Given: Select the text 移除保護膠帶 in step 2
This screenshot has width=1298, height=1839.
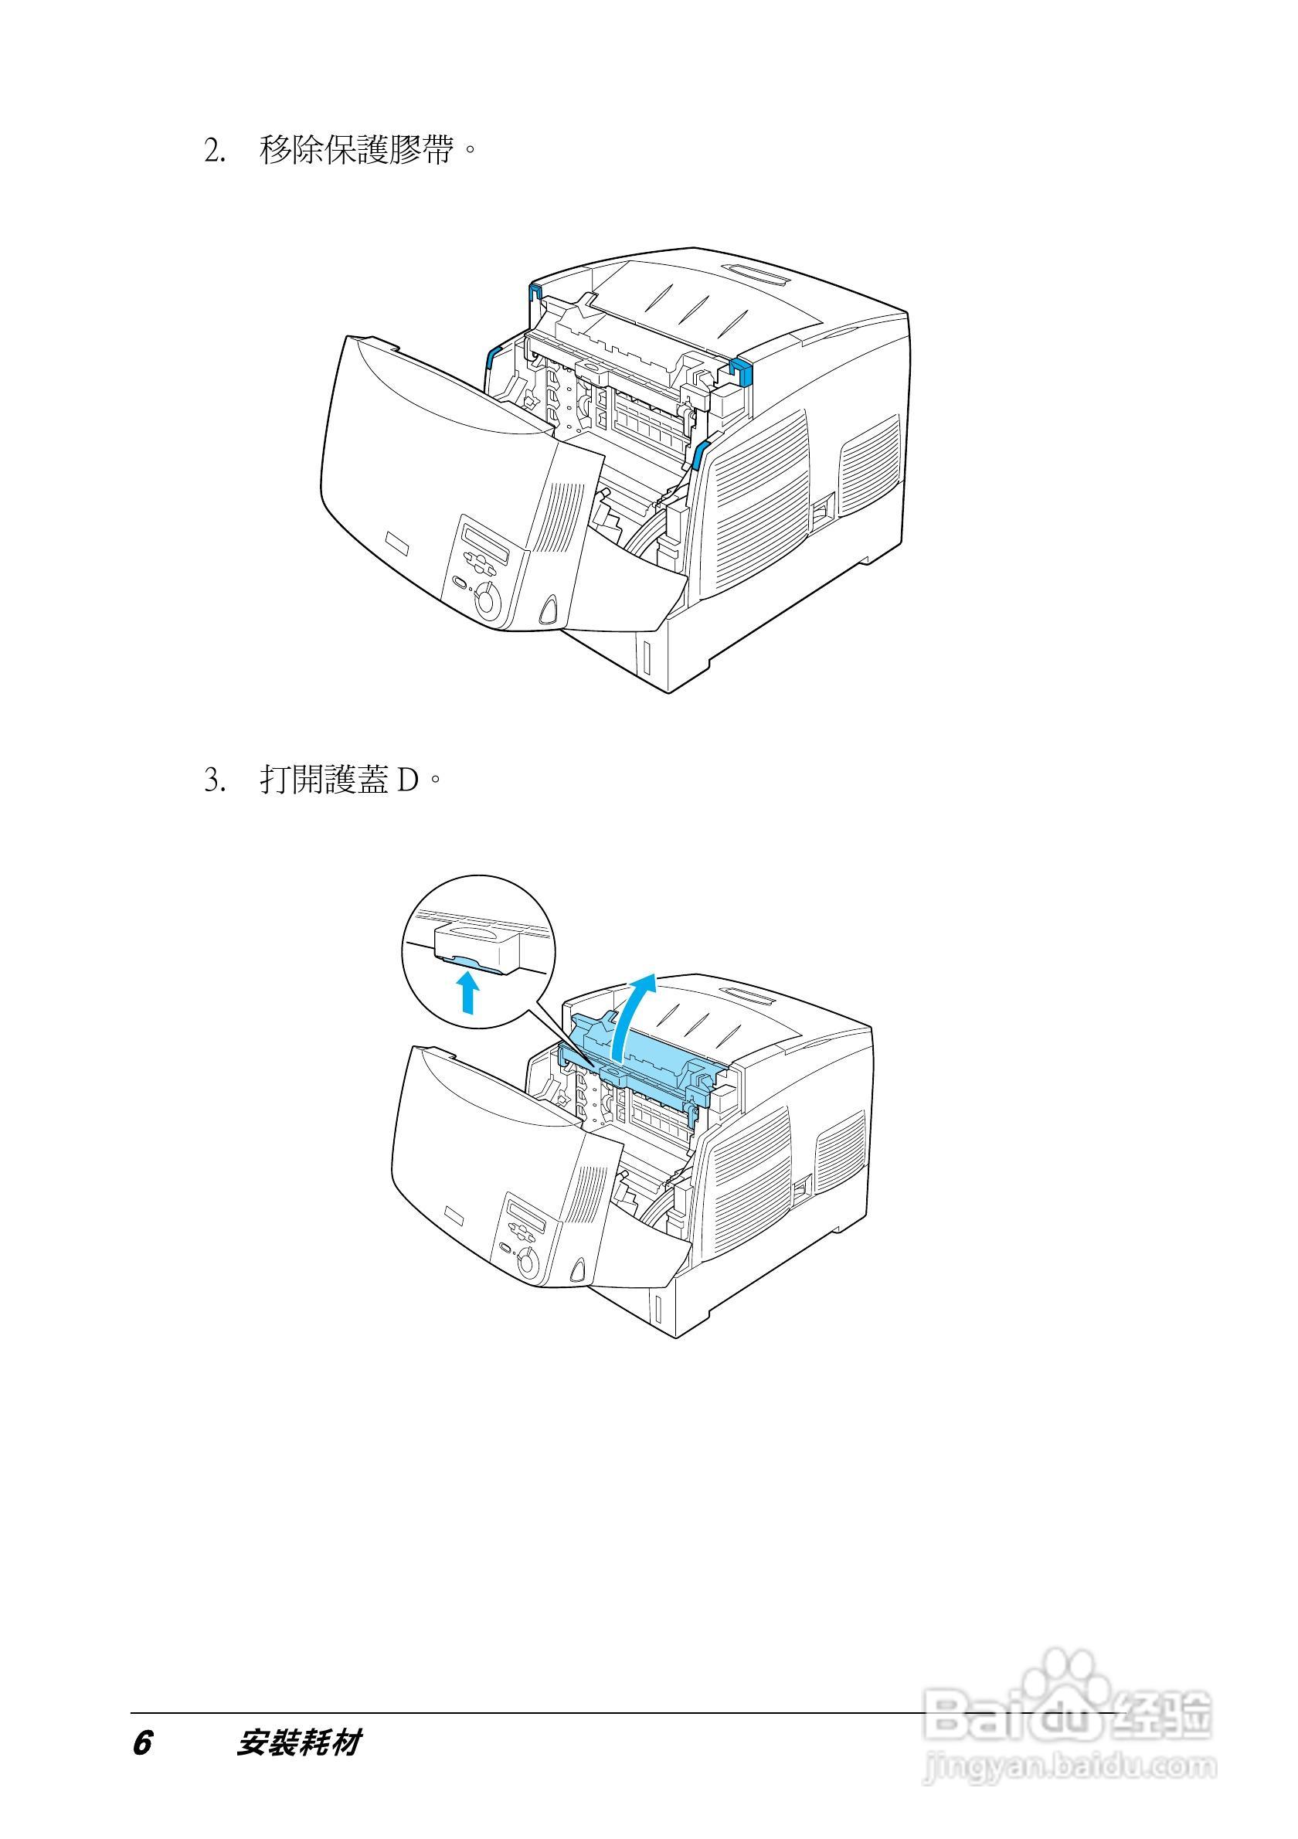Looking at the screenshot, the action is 355,151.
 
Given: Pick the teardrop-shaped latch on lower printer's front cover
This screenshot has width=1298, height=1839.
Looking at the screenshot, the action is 579,1270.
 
